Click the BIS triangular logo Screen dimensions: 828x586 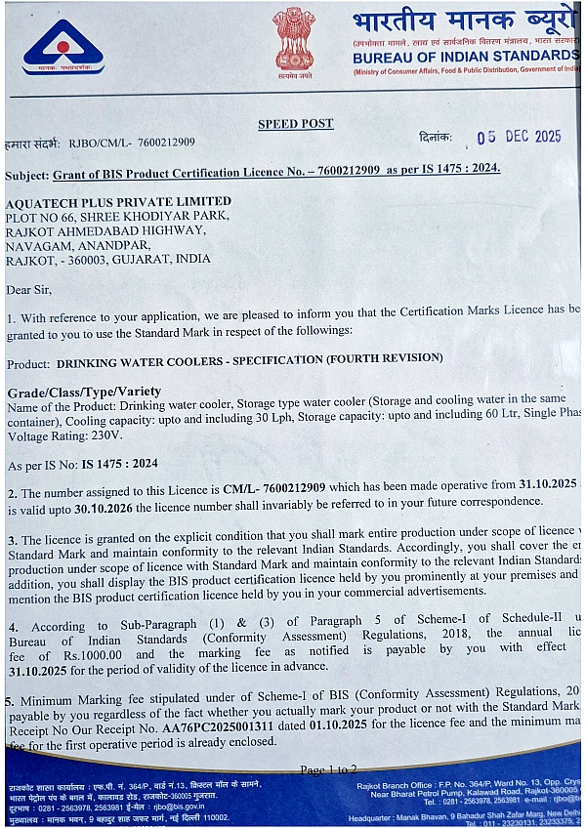[63, 47]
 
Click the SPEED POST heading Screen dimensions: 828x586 [295, 124]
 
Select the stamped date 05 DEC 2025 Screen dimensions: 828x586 [519, 137]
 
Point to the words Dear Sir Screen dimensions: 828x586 [29, 289]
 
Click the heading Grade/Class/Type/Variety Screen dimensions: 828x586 [84, 392]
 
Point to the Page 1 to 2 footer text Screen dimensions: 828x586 [328, 769]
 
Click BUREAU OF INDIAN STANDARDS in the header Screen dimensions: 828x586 [466, 57]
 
